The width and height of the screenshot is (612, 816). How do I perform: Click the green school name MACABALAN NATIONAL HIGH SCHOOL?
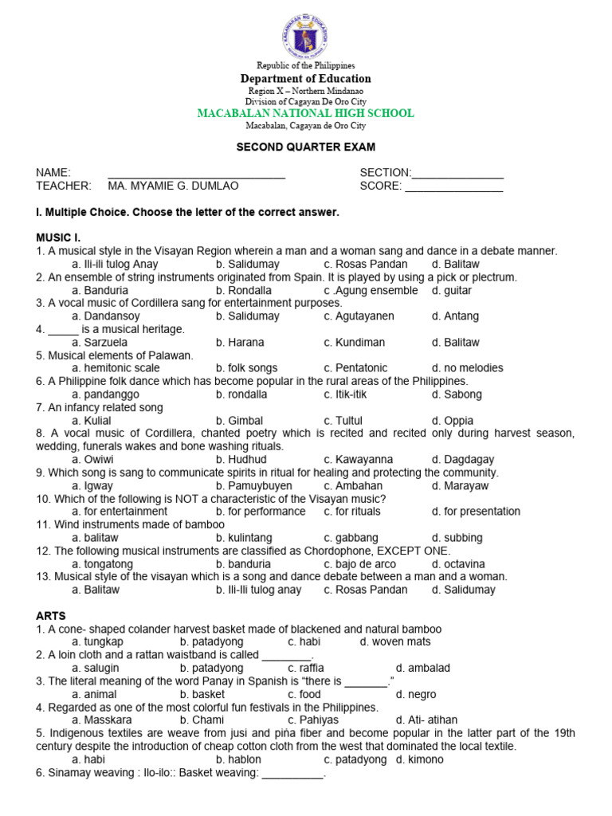[x=305, y=114]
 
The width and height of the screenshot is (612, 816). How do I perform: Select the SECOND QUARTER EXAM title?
[x=305, y=147]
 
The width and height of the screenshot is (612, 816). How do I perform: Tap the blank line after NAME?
[x=196, y=174]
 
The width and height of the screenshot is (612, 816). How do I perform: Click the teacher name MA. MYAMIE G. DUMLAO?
[x=173, y=186]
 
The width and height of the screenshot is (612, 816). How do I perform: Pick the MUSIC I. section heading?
[x=58, y=237]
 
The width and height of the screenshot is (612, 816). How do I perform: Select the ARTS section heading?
[x=51, y=616]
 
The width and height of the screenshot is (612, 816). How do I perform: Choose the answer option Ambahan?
[x=354, y=485]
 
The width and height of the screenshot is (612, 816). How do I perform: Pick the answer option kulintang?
[x=242, y=538]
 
